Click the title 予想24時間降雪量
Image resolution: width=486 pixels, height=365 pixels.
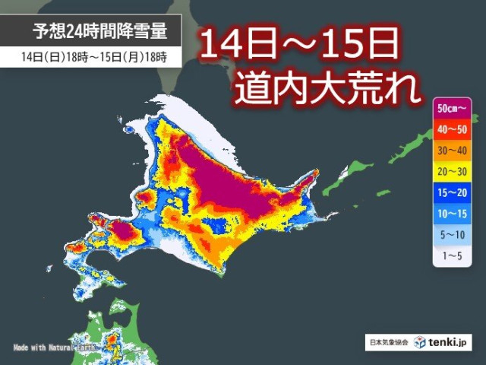point(99,31)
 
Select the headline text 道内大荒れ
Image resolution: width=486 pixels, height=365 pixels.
point(327,90)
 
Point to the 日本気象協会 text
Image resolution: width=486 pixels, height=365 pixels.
point(390,344)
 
